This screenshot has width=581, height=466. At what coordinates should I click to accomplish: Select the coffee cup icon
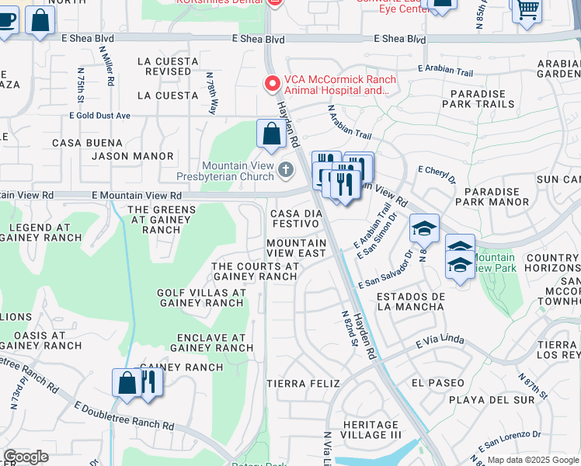pos(5,21)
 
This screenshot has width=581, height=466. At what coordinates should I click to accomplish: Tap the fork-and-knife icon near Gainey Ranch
pos(148,383)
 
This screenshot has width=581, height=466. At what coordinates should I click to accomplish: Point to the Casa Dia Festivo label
pos(294,218)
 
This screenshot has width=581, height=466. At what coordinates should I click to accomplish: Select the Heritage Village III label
pos(371,431)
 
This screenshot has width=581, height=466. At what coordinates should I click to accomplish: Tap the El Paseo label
pos(438,383)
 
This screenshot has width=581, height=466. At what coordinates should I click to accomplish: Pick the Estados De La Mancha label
pos(410,301)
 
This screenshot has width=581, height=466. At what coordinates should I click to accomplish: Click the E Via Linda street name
pos(440,342)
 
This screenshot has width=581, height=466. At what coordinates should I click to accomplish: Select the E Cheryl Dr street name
pos(437,174)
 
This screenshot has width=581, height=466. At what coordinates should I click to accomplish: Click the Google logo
pos(26,457)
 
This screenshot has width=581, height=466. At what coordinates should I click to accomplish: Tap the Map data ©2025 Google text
pos(532,460)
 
